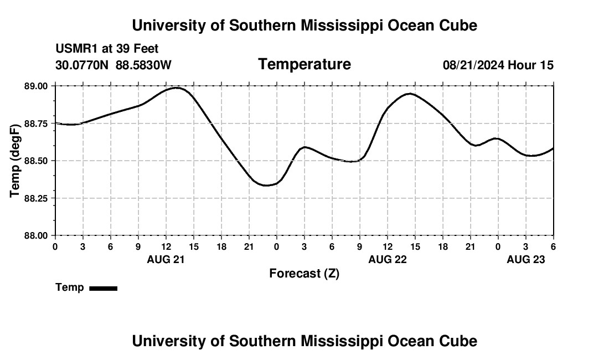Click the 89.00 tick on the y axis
coord(37,86)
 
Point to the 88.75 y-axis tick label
coord(37,124)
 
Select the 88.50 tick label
coord(37,161)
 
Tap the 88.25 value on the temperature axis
coord(37,198)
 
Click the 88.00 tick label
coord(37,235)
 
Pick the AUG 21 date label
coord(166,259)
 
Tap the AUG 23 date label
coord(526,259)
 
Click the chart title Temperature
coord(304,65)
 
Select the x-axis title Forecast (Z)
coord(304,273)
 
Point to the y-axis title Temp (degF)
coord(16,161)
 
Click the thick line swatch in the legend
coord(103,288)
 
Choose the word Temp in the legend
coord(70,287)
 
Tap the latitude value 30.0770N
coord(83,65)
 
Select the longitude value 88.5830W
coord(143,65)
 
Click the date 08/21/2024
coord(473,65)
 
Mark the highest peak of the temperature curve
coord(176,88)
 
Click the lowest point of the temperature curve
coord(266,185)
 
